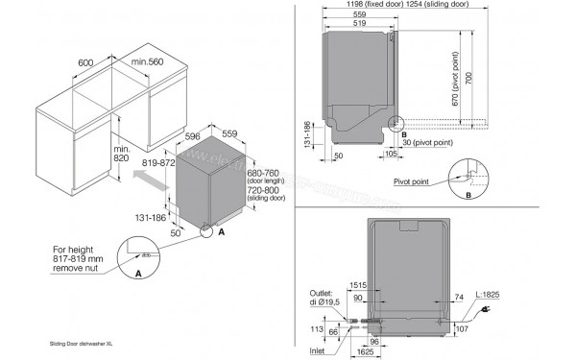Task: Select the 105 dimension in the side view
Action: click(x=392, y=153)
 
